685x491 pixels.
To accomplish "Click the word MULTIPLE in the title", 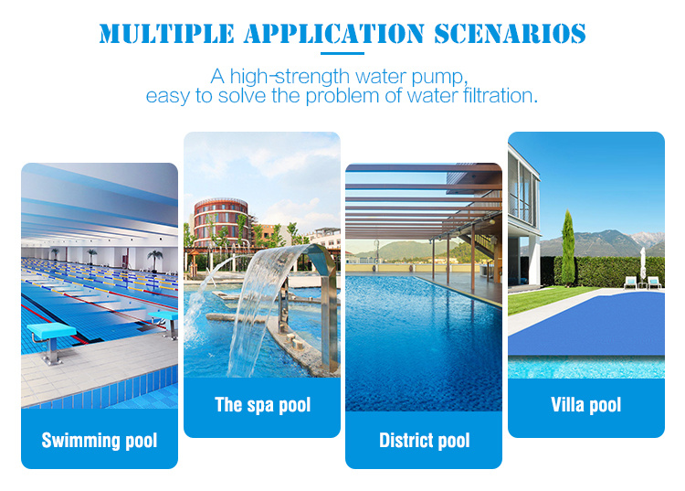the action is [166, 34].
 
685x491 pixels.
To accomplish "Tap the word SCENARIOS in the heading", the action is [510, 34].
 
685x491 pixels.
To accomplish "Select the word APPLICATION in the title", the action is [334, 34].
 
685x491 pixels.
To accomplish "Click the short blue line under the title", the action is [342, 53].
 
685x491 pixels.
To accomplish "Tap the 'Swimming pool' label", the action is [100, 441].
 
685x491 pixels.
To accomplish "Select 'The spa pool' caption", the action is [262, 405].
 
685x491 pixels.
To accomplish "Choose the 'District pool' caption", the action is [425, 441].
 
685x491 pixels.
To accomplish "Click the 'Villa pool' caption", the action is [585, 405].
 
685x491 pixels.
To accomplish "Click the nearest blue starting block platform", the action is [51, 331].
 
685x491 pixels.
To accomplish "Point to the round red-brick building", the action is [221, 221].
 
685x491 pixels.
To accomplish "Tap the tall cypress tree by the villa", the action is [568, 248].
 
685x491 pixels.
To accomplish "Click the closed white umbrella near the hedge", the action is [643, 263].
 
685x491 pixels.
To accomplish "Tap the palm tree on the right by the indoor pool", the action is [154, 261].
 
